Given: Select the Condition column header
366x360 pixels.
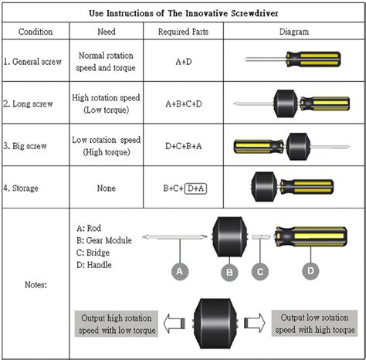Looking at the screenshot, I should pyautogui.click(x=36, y=32).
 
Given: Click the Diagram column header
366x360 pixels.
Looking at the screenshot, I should pyautogui.click(x=293, y=32).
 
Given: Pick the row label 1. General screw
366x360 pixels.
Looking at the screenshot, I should pyautogui.click(x=36, y=61).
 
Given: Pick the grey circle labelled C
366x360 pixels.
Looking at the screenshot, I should pyautogui.click(x=261, y=271).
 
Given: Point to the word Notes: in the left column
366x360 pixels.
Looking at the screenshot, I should pyautogui.click(x=36, y=285).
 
